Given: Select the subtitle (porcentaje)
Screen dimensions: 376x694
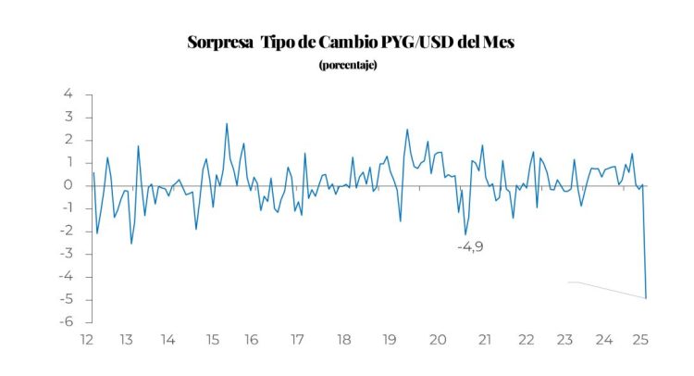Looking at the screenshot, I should pyautogui.click(x=347, y=65).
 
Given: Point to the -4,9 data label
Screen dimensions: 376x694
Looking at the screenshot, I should pyautogui.click(x=471, y=247).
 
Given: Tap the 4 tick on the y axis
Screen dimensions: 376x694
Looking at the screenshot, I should pyautogui.click(x=68, y=94).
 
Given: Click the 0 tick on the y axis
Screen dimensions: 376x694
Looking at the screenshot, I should pyautogui.click(x=68, y=185).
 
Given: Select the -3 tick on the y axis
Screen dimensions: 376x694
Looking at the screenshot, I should pyautogui.click(x=66, y=254).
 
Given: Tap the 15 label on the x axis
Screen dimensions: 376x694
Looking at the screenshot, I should pyautogui.click(x=210, y=340).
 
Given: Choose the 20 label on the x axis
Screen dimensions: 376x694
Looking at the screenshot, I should pyautogui.click(x=440, y=340).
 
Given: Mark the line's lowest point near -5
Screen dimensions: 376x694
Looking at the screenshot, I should pyautogui.click(x=646, y=297).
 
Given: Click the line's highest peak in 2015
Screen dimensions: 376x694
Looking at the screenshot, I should pyautogui.click(x=227, y=124).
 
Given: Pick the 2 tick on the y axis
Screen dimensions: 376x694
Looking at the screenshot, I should pyautogui.click(x=68, y=140).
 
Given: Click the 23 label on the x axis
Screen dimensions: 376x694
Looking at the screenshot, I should pyautogui.click(x=564, y=340).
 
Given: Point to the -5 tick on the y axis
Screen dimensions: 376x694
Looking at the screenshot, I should pyautogui.click(x=66, y=299).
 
